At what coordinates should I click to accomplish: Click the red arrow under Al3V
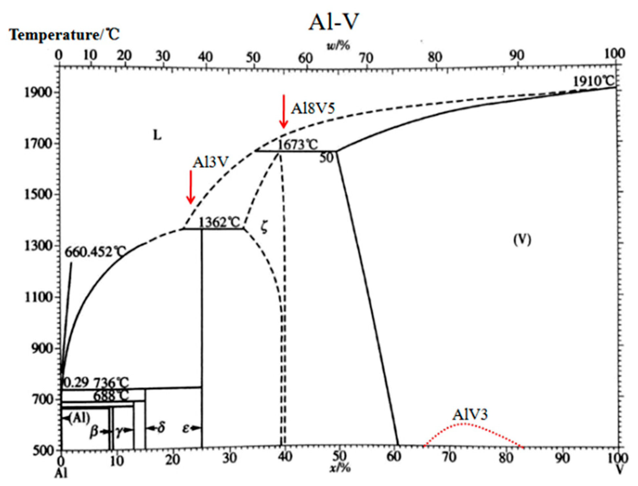190,187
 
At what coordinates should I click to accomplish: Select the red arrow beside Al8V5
284,112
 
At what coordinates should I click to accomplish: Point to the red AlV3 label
470,415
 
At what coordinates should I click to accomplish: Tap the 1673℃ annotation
298,144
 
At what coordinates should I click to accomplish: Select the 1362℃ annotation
219,223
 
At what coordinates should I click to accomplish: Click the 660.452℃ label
95,252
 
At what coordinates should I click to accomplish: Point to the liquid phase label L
158,135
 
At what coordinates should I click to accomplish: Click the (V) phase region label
522,240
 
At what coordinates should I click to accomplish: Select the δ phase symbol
161,428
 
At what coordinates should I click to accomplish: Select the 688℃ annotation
111,396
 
